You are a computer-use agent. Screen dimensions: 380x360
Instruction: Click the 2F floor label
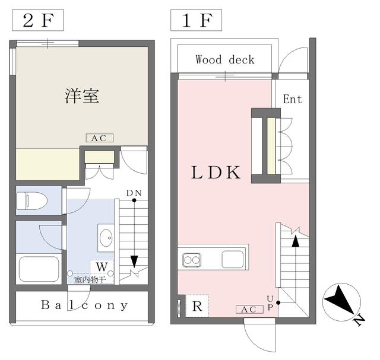[x=38, y=20]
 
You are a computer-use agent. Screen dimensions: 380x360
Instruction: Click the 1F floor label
[x=197, y=20]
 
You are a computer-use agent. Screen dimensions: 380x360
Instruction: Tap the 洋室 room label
[x=82, y=96]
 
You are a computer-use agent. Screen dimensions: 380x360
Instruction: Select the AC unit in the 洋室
[x=100, y=138]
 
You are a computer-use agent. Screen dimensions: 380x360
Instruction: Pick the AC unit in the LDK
[x=249, y=309]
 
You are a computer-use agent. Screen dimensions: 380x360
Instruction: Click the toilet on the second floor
[x=31, y=200]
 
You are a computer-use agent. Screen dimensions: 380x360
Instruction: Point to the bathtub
[x=39, y=269]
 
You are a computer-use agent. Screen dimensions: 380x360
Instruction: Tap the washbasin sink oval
[x=106, y=238]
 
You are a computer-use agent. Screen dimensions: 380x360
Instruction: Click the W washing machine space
[x=102, y=267]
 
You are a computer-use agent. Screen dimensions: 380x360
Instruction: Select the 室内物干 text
[x=90, y=280]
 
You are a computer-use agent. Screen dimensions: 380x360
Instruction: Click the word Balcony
[x=84, y=305]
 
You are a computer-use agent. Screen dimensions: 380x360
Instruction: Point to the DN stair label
[x=134, y=193]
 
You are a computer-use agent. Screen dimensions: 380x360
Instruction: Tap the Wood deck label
[x=225, y=60]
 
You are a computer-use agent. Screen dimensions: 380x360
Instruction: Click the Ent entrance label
[x=293, y=99]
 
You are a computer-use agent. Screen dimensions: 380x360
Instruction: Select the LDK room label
[x=216, y=173]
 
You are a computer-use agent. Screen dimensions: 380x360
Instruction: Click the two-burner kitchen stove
[x=192, y=260]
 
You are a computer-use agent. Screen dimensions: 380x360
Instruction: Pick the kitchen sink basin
[x=233, y=259]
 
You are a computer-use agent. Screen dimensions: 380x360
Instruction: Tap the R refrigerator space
[x=197, y=306]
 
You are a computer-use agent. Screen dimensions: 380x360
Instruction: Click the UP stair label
[x=270, y=303]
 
